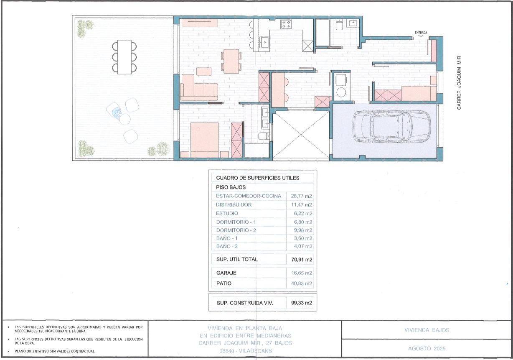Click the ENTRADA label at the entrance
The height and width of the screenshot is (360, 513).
coord(421,33)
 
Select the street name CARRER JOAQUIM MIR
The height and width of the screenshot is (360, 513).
coord(459,83)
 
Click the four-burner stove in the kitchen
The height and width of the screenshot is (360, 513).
coord(286,25)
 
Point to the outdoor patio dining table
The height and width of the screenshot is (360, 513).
coord(124,57)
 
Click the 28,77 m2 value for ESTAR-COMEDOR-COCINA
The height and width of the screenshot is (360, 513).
coord(301,196)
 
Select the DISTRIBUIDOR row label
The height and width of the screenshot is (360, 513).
coord(234,204)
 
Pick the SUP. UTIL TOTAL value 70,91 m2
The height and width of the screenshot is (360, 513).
coord(302,260)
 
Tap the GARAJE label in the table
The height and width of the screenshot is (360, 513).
coord(226,273)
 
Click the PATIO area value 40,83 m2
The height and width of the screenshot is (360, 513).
coord(301,283)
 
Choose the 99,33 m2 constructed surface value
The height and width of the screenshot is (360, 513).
coord(301,303)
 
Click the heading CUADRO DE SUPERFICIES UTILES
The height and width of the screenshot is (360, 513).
coord(258,178)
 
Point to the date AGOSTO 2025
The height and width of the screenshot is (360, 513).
coord(427,349)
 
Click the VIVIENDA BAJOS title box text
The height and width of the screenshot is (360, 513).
coord(427,330)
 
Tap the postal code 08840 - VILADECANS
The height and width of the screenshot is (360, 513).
coord(246,351)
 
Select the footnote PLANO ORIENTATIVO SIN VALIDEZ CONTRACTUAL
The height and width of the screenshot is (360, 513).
coord(55,351)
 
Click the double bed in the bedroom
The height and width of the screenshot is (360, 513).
coord(204,140)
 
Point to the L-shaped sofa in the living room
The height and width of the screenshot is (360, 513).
coord(199,87)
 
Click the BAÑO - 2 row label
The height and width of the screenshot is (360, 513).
coord(227,246)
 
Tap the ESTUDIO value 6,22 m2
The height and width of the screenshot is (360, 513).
coord(303,213)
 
